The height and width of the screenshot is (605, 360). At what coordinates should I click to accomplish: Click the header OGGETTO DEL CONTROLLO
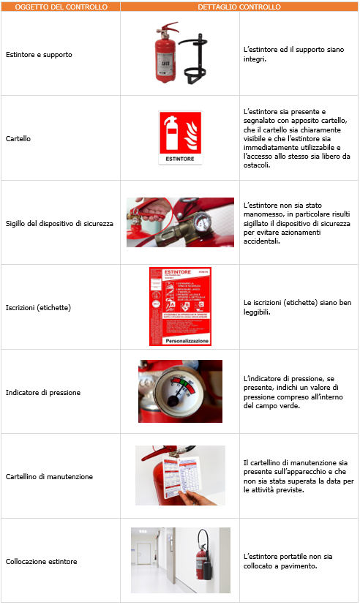(60, 7)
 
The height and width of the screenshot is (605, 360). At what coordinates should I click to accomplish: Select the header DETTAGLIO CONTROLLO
(239, 7)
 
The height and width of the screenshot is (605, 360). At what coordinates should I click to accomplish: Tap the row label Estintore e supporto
(39, 54)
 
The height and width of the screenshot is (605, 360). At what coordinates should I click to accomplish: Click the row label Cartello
(18, 138)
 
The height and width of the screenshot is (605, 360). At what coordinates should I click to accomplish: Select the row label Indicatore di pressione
(42, 392)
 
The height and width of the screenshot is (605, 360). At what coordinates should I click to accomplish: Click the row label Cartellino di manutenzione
(49, 476)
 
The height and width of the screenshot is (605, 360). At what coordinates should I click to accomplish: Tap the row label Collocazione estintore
(41, 561)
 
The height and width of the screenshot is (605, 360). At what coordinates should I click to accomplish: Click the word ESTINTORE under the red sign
(180, 158)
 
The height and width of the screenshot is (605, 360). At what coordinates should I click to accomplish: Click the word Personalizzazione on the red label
(180, 341)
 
